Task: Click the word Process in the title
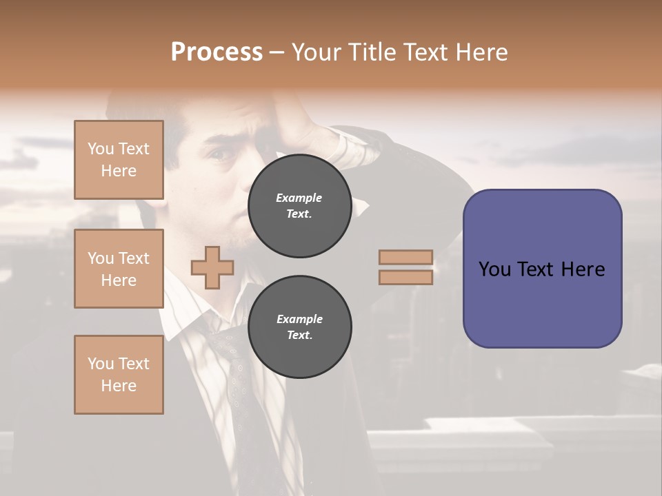[x=217, y=52]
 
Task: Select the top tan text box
[x=119, y=160]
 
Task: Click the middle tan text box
[x=119, y=269]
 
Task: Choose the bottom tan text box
[x=119, y=375]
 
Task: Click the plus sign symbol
[x=212, y=268]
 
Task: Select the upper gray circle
[x=299, y=206]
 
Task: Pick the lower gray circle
[x=299, y=327]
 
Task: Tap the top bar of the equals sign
[x=405, y=258]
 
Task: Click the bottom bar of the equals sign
[x=405, y=278]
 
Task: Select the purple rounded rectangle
[x=542, y=303]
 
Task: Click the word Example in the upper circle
[x=299, y=198]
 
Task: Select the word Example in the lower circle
[x=299, y=319]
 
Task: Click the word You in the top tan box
[x=100, y=149]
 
